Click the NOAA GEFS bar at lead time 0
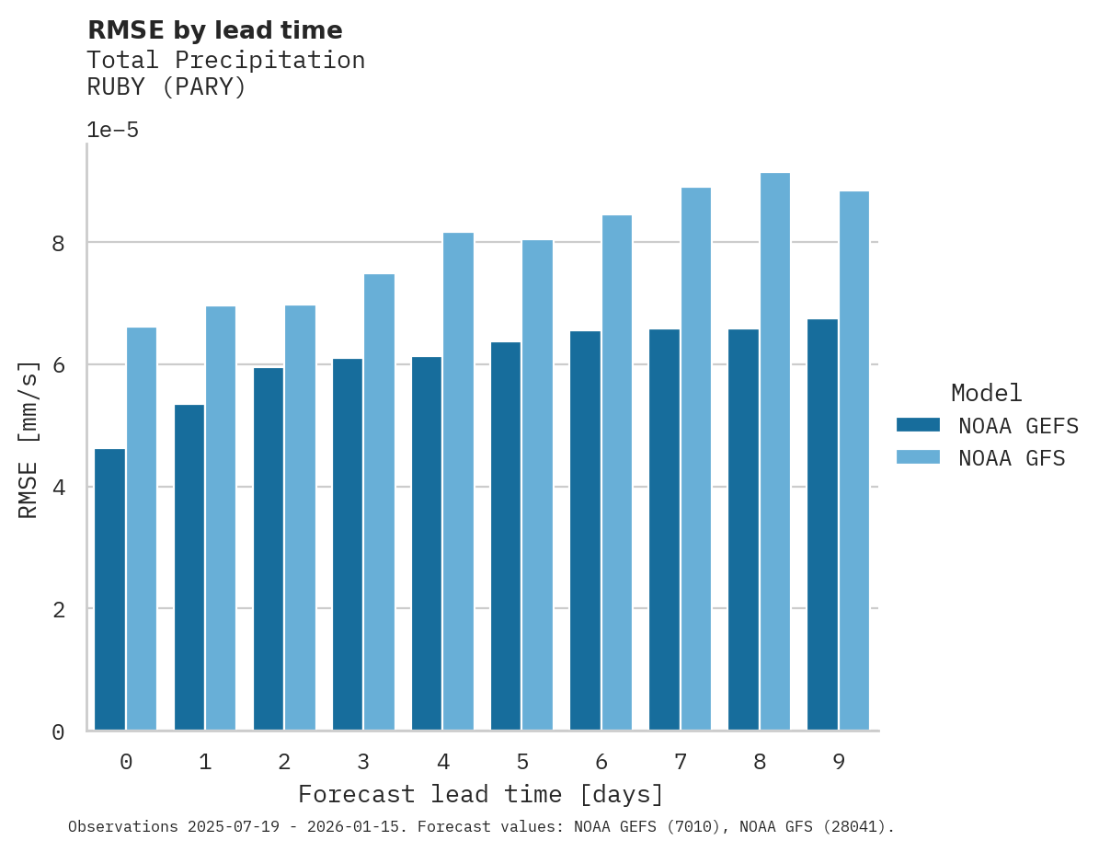click(109, 590)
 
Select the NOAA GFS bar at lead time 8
click(775, 452)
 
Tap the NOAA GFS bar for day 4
click(458, 481)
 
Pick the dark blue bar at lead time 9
click(822, 524)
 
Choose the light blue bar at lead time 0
click(142, 529)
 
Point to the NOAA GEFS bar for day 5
click(506, 536)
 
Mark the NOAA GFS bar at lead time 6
click(616, 473)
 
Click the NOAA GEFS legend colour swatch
click(918, 425)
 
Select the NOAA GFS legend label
click(1012, 458)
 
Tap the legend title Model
click(986, 394)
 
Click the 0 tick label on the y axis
click(57, 732)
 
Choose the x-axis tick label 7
click(681, 762)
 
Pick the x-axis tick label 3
click(363, 762)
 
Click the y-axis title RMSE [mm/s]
click(29, 440)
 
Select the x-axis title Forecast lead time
click(480, 794)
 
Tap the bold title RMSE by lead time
click(214, 30)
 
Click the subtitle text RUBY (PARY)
click(166, 87)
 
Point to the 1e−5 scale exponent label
click(112, 130)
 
